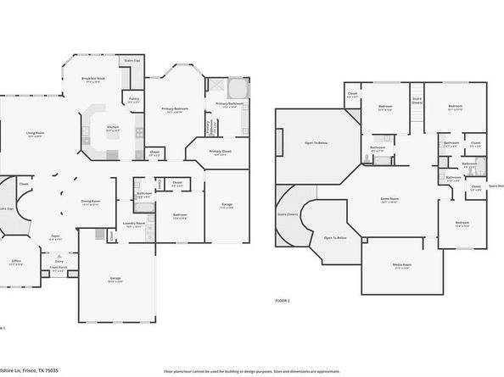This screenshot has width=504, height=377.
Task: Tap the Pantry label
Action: (x=133, y=99)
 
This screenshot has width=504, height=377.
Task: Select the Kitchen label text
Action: (x=112, y=129)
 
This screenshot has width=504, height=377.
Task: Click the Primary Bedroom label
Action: (x=175, y=109)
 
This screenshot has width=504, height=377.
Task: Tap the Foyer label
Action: (x=54, y=238)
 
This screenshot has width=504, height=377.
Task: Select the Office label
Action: (x=17, y=263)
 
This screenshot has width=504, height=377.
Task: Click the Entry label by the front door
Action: (x=59, y=262)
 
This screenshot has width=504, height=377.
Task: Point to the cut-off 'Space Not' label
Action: (x=495, y=186)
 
